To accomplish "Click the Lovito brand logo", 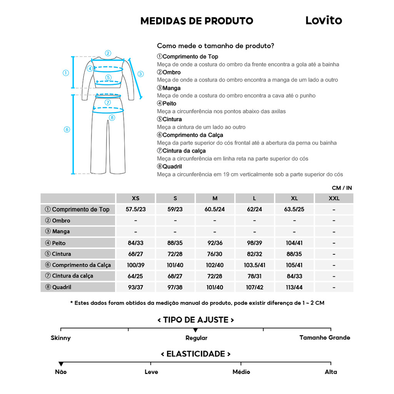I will (324, 20).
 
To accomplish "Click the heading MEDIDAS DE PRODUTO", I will (197, 21).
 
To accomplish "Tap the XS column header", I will (135, 199).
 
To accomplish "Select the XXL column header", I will (334, 199).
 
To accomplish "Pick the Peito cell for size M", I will (215, 243).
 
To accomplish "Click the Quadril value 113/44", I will (294, 287).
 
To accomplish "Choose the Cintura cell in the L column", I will (254, 254).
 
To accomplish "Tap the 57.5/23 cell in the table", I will (135, 209).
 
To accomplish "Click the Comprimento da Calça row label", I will (78, 265).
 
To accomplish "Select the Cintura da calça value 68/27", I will (175, 276).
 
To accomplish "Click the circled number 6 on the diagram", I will (67, 130).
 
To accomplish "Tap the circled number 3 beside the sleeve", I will (140, 74).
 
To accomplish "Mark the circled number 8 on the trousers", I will (112, 117).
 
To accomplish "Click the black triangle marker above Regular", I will (195, 330).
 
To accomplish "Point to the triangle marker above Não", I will (61, 364).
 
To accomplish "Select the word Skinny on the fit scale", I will (61, 338).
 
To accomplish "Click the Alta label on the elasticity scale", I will (331, 372).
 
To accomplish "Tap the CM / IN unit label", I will (342, 188).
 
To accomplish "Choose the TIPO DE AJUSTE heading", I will (196, 320).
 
